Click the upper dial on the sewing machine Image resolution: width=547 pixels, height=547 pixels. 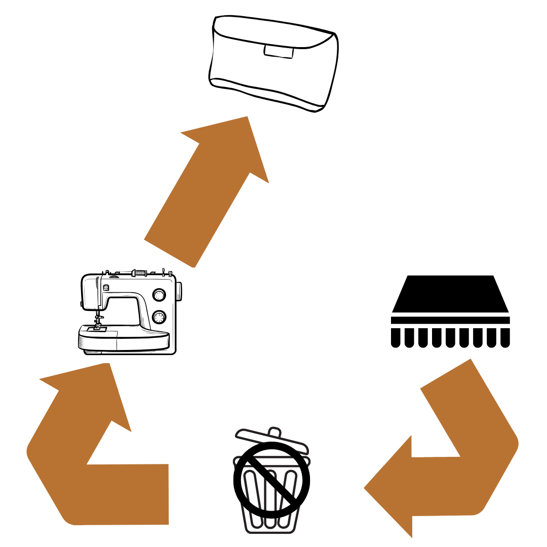159,295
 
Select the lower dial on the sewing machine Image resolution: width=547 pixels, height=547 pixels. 159,318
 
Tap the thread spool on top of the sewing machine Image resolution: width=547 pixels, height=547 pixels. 139,273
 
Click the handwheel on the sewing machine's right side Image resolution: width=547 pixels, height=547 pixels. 179,291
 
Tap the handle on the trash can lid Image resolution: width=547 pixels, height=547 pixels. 273,432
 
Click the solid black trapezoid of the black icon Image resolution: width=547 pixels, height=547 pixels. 450,294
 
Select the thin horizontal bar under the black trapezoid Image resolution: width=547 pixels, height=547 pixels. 450,320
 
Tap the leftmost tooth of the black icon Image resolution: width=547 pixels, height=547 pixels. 396,337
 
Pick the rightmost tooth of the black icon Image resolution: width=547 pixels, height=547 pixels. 505,337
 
